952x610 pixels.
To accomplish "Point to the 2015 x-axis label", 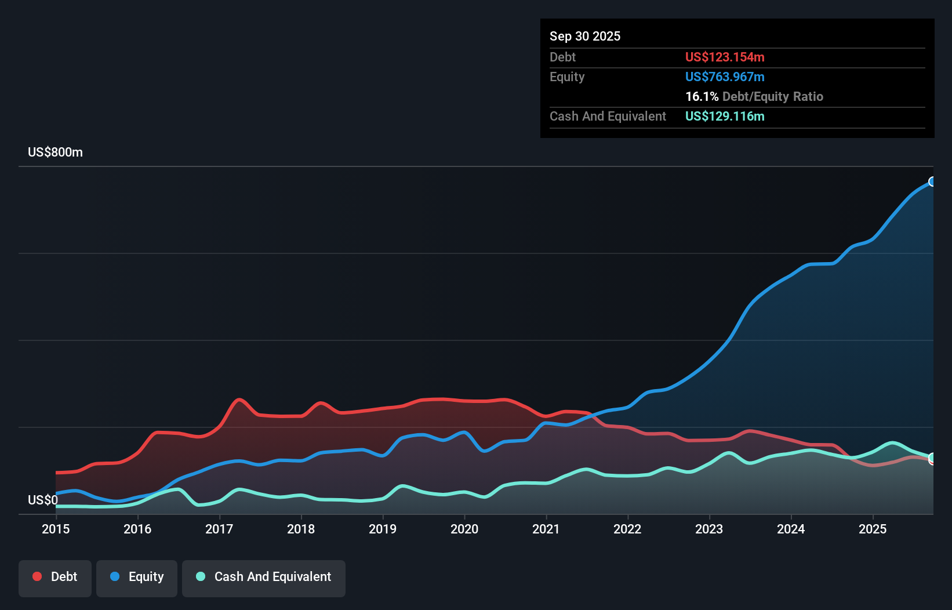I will click(x=56, y=529).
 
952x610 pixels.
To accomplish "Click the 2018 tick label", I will click(x=301, y=529).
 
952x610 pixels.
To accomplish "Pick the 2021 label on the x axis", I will click(x=546, y=529).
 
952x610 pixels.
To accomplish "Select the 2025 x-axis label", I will click(x=873, y=529).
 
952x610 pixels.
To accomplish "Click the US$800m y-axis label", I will click(x=55, y=152).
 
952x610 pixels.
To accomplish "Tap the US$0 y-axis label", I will click(x=42, y=500).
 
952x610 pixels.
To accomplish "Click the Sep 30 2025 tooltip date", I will click(x=585, y=36).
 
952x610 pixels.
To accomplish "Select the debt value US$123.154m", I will click(x=725, y=57).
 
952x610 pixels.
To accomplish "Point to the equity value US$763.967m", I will click(x=725, y=77).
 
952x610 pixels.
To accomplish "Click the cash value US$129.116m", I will click(x=725, y=116).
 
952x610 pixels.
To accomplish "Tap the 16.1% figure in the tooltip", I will click(x=702, y=96).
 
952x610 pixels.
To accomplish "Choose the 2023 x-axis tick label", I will click(x=709, y=529).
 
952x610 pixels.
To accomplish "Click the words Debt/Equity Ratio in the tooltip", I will click(x=773, y=96).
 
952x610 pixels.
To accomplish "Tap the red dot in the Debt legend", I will click(x=37, y=576).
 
